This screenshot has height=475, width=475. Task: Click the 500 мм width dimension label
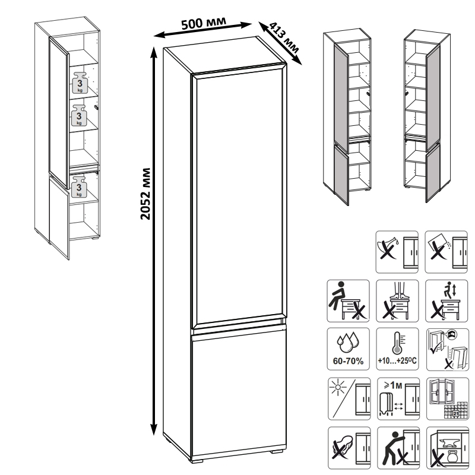(x=204, y=23)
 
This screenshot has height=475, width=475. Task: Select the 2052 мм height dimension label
(x=145, y=194)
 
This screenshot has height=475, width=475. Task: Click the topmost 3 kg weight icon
(x=80, y=83)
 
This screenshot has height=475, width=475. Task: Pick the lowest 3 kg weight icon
(x=79, y=186)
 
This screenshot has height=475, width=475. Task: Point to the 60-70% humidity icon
(x=348, y=349)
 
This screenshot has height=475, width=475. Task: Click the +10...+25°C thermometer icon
(x=397, y=349)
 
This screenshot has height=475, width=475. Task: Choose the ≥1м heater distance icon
(x=398, y=398)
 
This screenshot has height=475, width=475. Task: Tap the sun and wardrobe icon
(x=349, y=398)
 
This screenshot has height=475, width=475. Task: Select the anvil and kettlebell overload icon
(x=448, y=448)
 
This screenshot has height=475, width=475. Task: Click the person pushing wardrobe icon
(x=398, y=448)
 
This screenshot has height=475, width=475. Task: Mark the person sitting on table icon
(x=348, y=301)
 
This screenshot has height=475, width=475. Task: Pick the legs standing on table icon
(x=397, y=301)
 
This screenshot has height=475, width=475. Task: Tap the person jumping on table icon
(x=446, y=301)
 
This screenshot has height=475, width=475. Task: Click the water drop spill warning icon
(x=397, y=252)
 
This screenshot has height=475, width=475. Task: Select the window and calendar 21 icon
(x=448, y=398)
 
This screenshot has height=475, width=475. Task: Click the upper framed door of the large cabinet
(x=239, y=197)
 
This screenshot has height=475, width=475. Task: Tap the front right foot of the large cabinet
(x=276, y=451)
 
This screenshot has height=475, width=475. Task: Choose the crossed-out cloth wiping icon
(x=349, y=448)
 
